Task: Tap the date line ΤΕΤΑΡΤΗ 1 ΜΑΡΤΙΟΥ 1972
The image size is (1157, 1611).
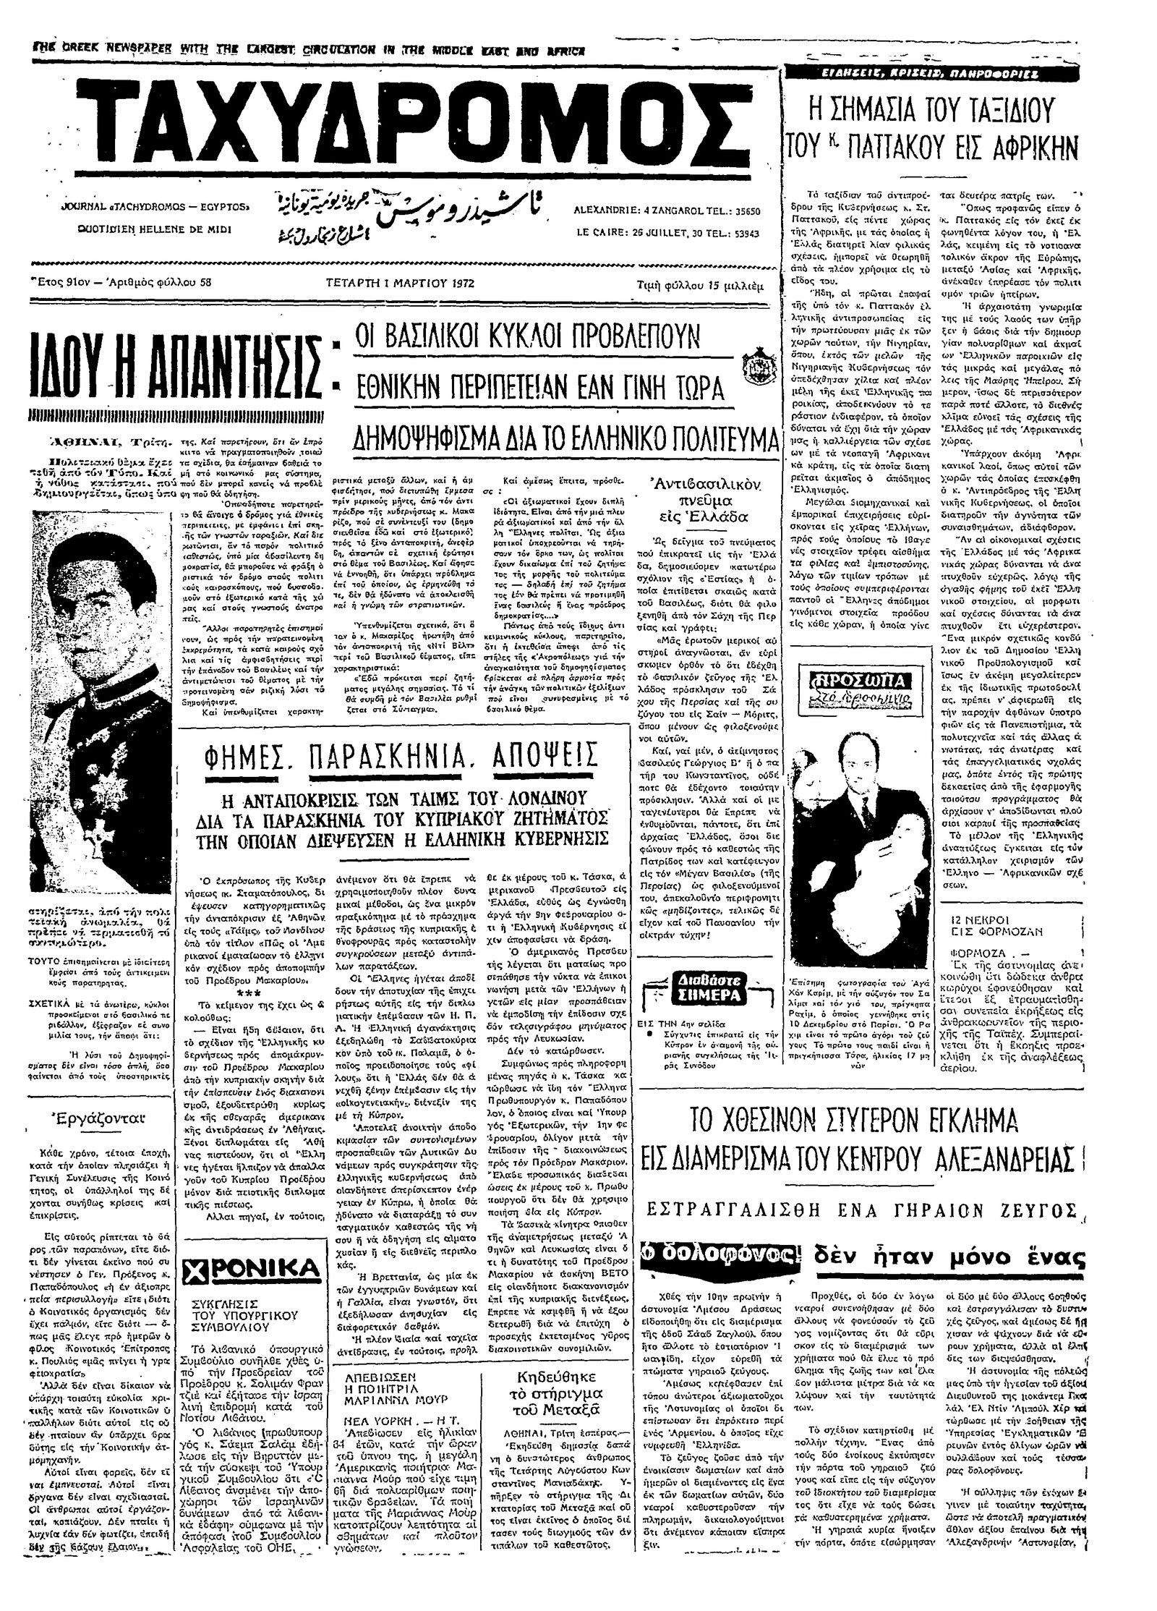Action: pyautogui.click(x=399, y=283)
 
